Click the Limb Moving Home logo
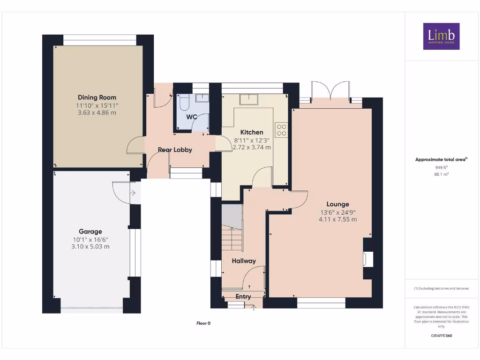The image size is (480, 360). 441,37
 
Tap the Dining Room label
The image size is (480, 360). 97,97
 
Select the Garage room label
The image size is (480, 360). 90,232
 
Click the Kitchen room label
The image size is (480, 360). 252,132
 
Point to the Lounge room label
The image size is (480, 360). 337,204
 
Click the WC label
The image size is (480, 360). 192,117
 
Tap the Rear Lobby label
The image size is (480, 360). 175,150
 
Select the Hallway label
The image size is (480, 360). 244,261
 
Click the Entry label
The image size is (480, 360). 243,297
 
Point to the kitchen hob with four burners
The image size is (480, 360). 281,129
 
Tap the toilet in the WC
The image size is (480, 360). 183,101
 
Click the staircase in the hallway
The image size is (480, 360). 232,229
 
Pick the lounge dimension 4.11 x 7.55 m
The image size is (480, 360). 337,219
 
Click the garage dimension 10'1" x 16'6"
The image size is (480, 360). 90,239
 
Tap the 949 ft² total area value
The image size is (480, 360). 441,167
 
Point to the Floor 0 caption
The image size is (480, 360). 203,323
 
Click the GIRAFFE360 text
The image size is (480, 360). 441,336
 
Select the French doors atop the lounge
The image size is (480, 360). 330,91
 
